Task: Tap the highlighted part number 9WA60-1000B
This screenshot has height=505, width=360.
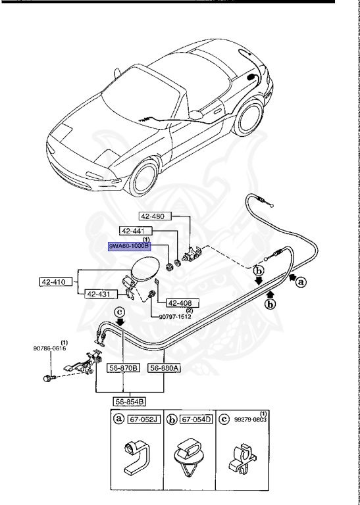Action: click(129, 247)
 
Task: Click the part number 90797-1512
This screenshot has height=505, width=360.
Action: click(175, 316)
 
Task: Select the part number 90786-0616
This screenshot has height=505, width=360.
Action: click(49, 348)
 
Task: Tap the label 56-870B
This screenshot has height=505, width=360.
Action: click(124, 368)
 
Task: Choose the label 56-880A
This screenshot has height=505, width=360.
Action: click(164, 368)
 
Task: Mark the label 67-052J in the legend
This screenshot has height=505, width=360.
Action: click(144, 420)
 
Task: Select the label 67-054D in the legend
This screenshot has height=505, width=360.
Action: click(197, 420)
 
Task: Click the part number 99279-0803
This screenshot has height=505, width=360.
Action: click(251, 420)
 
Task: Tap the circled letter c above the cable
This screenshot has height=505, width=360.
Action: click(120, 312)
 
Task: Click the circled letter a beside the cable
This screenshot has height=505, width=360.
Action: click(301, 283)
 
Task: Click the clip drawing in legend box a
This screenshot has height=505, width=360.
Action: click(137, 457)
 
